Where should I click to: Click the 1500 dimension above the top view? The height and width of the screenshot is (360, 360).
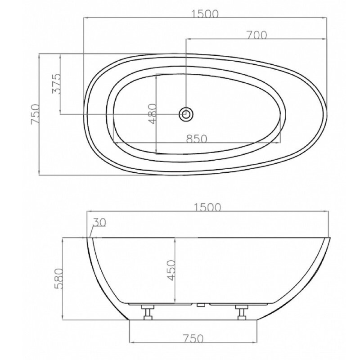click(205, 14)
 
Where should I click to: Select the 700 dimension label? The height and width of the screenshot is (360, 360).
click(256, 35)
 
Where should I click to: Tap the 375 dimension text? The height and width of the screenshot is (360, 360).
click(57, 84)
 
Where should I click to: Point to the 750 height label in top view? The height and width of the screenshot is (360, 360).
click(36, 114)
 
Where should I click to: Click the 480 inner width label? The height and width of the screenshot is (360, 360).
click(153, 114)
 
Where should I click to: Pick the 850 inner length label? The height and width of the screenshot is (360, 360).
click(197, 139)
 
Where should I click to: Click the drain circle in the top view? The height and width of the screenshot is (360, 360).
click(186, 114)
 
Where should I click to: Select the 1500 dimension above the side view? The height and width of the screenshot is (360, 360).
click(207, 207)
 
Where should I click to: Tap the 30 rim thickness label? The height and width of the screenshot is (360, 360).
click(99, 222)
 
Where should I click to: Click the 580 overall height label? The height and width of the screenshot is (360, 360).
click(58, 279)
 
